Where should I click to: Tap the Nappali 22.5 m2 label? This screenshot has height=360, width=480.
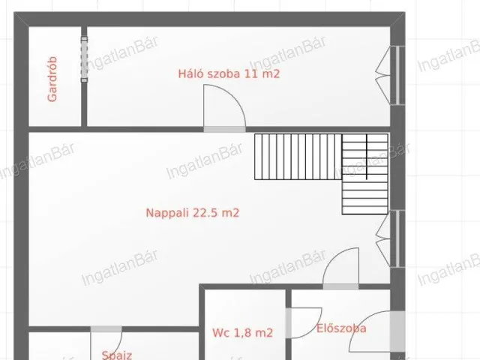192,213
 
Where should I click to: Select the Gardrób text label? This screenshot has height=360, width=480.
52,81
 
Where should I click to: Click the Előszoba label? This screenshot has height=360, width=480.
341,328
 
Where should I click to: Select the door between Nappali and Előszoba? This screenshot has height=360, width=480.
341,268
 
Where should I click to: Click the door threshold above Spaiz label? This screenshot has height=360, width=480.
106,328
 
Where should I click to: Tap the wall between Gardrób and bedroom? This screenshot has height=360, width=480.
84,105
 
